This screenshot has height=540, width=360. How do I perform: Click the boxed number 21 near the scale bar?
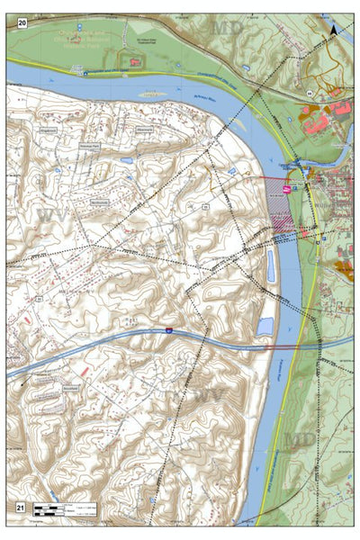(19, 508)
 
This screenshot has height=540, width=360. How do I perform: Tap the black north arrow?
(336, 31)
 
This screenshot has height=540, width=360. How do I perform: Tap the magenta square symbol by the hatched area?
(287, 190)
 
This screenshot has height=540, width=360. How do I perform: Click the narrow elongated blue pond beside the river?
(272, 265)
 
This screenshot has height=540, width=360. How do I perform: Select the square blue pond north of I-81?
(265, 325)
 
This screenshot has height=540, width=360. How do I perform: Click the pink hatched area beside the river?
(281, 207)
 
